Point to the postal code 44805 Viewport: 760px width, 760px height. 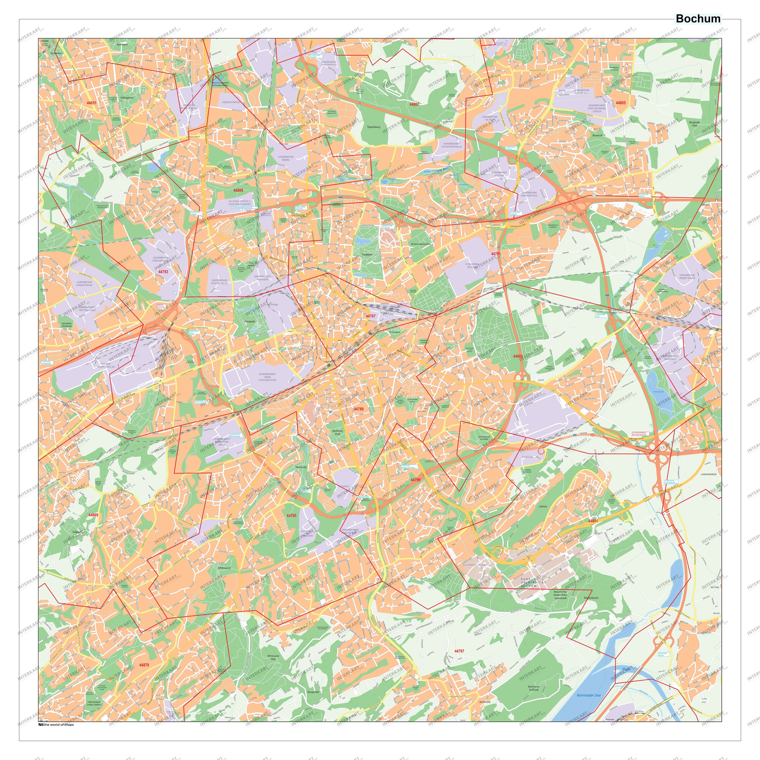point(621,103)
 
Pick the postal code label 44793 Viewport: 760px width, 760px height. point(163,272)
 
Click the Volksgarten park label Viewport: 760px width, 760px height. point(127,98)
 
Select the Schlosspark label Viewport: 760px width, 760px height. point(224,568)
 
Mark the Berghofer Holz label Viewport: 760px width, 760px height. point(695,124)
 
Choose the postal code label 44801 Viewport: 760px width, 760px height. point(593,521)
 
